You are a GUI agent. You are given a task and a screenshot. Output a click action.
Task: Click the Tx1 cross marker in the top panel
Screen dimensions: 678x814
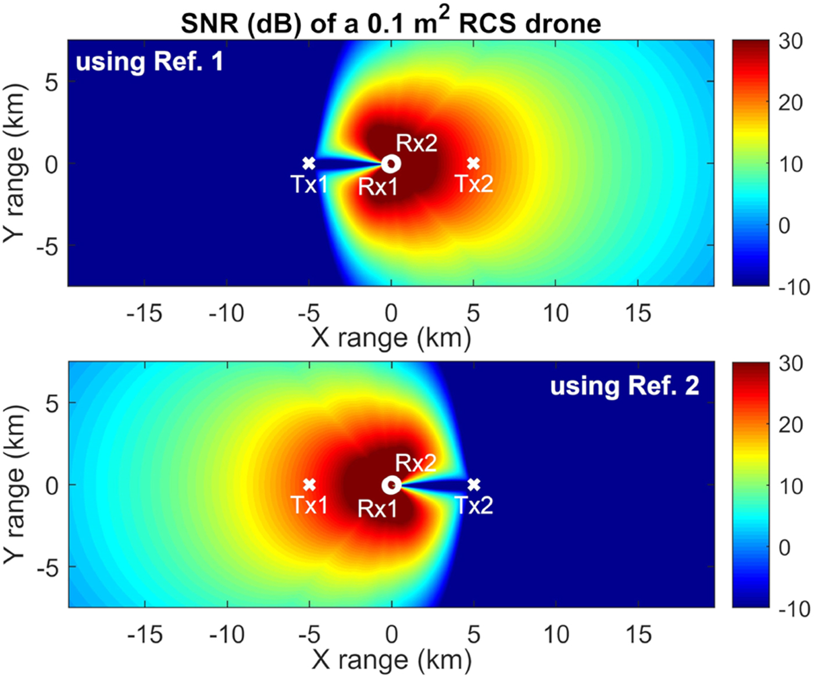pyautogui.click(x=309, y=163)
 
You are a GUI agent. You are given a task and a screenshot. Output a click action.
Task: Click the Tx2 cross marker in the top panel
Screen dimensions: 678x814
pyautogui.click(x=473, y=163)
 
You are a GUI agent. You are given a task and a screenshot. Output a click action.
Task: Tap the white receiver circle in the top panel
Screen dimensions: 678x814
pyautogui.click(x=391, y=164)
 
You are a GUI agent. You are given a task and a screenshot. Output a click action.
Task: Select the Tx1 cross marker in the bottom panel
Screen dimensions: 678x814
pyautogui.click(x=309, y=485)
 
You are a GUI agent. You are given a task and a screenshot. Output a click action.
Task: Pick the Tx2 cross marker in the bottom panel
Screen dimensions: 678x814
pyautogui.click(x=474, y=485)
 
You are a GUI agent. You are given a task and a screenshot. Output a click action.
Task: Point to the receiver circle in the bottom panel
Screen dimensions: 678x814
pyautogui.click(x=391, y=485)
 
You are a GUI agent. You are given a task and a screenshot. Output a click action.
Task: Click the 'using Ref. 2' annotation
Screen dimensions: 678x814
pyautogui.click(x=624, y=386)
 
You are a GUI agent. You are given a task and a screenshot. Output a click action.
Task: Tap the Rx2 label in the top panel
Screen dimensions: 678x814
pyautogui.click(x=416, y=143)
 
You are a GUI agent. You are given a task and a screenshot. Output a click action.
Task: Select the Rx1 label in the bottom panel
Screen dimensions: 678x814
pyautogui.click(x=377, y=509)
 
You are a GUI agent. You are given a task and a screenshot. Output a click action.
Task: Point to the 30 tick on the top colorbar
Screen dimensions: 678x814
pyautogui.click(x=791, y=42)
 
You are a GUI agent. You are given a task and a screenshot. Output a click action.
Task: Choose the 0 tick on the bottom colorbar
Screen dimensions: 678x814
pyautogui.click(x=784, y=547)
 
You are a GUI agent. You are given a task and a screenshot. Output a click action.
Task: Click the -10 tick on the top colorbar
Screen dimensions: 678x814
pyautogui.click(x=793, y=287)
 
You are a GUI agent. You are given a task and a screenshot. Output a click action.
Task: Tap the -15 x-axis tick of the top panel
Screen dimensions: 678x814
pyautogui.click(x=144, y=314)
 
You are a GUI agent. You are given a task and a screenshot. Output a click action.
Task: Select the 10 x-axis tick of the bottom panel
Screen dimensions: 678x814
pyautogui.click(x=556, y=635)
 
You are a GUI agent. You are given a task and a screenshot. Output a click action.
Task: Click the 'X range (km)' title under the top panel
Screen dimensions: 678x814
pyautogui.click(x=391, y=338)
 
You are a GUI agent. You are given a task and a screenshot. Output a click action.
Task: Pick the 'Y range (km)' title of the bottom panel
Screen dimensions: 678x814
pyautogui.click(x=15, y=485)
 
